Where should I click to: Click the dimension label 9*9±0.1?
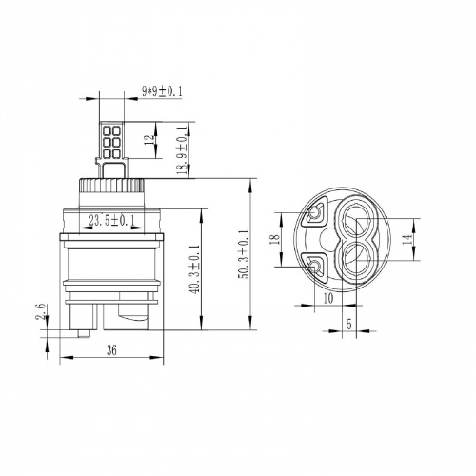click(162, 92)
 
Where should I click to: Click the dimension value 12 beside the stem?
click(149, 140)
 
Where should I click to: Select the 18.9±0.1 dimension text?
click(182, 149)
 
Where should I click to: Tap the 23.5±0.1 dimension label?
click(111, 221)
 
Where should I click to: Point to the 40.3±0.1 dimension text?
click(195, 269)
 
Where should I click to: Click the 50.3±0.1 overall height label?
click(244, 253)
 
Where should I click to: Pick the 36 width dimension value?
click(111, 350)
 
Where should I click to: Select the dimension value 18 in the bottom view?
click(275, 239)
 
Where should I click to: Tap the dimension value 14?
click(409, 239)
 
